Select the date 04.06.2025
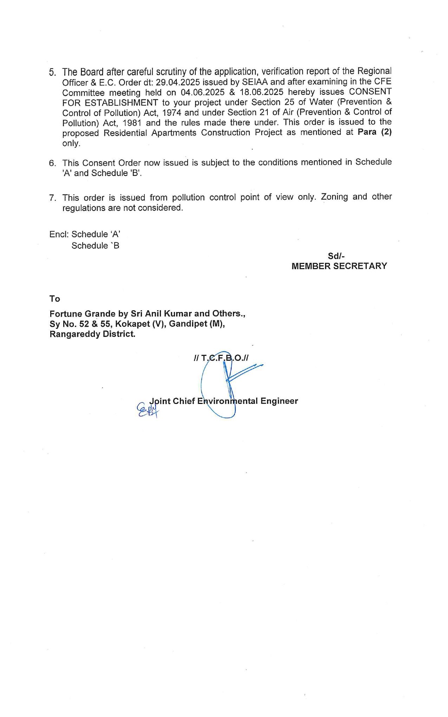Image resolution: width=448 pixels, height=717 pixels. [x=203, y=92]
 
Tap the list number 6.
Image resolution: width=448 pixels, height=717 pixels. [x=52, y=163]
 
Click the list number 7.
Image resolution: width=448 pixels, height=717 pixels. [x=52, y=198]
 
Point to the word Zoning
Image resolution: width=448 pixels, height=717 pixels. [x=334, y=197]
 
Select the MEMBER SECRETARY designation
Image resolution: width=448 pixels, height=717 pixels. [x=339, y=266]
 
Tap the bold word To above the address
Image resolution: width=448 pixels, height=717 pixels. [x=55, y=299]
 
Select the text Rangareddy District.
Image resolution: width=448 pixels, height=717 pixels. [x=92, y=334]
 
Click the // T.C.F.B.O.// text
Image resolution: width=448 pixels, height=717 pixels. [x=221, y=358]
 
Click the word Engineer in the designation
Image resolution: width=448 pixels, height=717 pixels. [x=279, y=401]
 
